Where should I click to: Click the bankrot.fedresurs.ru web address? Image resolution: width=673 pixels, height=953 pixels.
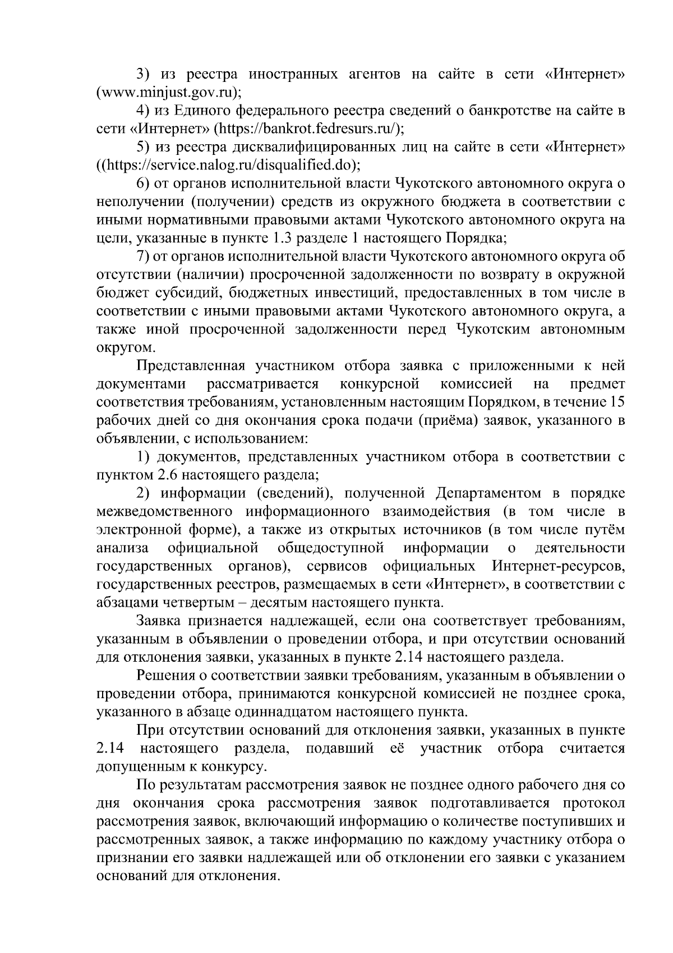point(308,129)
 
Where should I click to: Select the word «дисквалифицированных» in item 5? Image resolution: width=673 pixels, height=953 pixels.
point(321,147)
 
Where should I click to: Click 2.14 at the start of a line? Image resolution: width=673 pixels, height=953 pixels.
point(110,749)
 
